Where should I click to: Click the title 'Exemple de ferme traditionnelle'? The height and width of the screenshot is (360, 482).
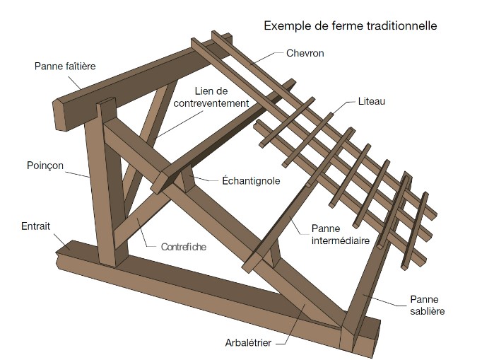pyautogui.click(x=350, y=26)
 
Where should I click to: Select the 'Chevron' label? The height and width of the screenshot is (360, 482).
pyautogui.click(x=305, y=53)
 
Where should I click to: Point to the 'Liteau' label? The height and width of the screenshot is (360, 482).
pyautogui.click(x=370, y=103)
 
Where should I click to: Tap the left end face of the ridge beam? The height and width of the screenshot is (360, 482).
pyautogui.click(x=61, y=115)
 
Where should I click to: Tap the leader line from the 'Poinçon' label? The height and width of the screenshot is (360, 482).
pyautogui.click(x=78, y=171)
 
